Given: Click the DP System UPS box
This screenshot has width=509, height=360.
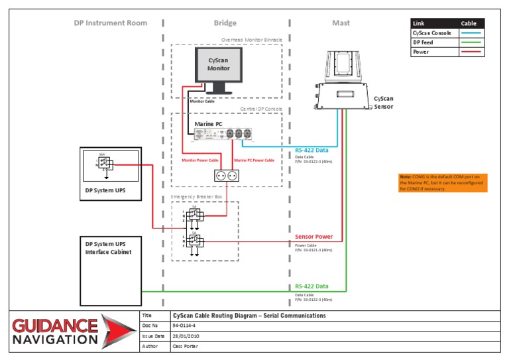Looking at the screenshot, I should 111,174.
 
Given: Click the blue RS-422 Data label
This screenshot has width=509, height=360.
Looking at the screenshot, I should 311,150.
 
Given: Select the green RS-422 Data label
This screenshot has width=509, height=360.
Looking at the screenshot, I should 311,286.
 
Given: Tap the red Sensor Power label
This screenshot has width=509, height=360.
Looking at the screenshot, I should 313,237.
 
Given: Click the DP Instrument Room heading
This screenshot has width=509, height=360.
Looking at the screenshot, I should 111,23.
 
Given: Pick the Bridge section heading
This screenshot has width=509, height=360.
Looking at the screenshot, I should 225,23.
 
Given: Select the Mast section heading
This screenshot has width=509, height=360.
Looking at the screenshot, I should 341,23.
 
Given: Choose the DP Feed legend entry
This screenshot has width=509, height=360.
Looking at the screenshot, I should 424,42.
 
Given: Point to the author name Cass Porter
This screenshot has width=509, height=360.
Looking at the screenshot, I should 188,346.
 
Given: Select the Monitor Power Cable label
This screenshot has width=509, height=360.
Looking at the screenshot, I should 200,160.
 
